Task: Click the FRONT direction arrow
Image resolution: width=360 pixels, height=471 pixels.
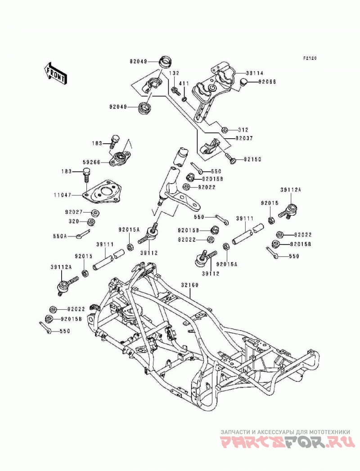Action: coord(55,73)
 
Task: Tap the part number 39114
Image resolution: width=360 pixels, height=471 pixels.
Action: coord(255,73)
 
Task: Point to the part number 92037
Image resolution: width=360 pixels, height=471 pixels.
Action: coord(244,139)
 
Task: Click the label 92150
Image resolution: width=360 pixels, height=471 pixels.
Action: coord(252,159)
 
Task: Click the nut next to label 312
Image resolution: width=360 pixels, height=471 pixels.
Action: coord(224,130)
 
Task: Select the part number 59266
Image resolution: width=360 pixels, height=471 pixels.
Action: coord(92,162)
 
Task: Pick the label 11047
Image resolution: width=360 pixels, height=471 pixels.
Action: coord(63,195)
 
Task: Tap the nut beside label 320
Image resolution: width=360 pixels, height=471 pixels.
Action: coord(90,222)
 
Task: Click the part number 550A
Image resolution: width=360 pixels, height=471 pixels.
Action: coord(60,236)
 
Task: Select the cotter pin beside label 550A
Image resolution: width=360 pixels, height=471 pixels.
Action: coord(82,234)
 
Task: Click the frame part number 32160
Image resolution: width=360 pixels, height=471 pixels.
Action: coord(189,285)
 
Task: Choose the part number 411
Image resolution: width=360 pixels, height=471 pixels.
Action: coord(184,83)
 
